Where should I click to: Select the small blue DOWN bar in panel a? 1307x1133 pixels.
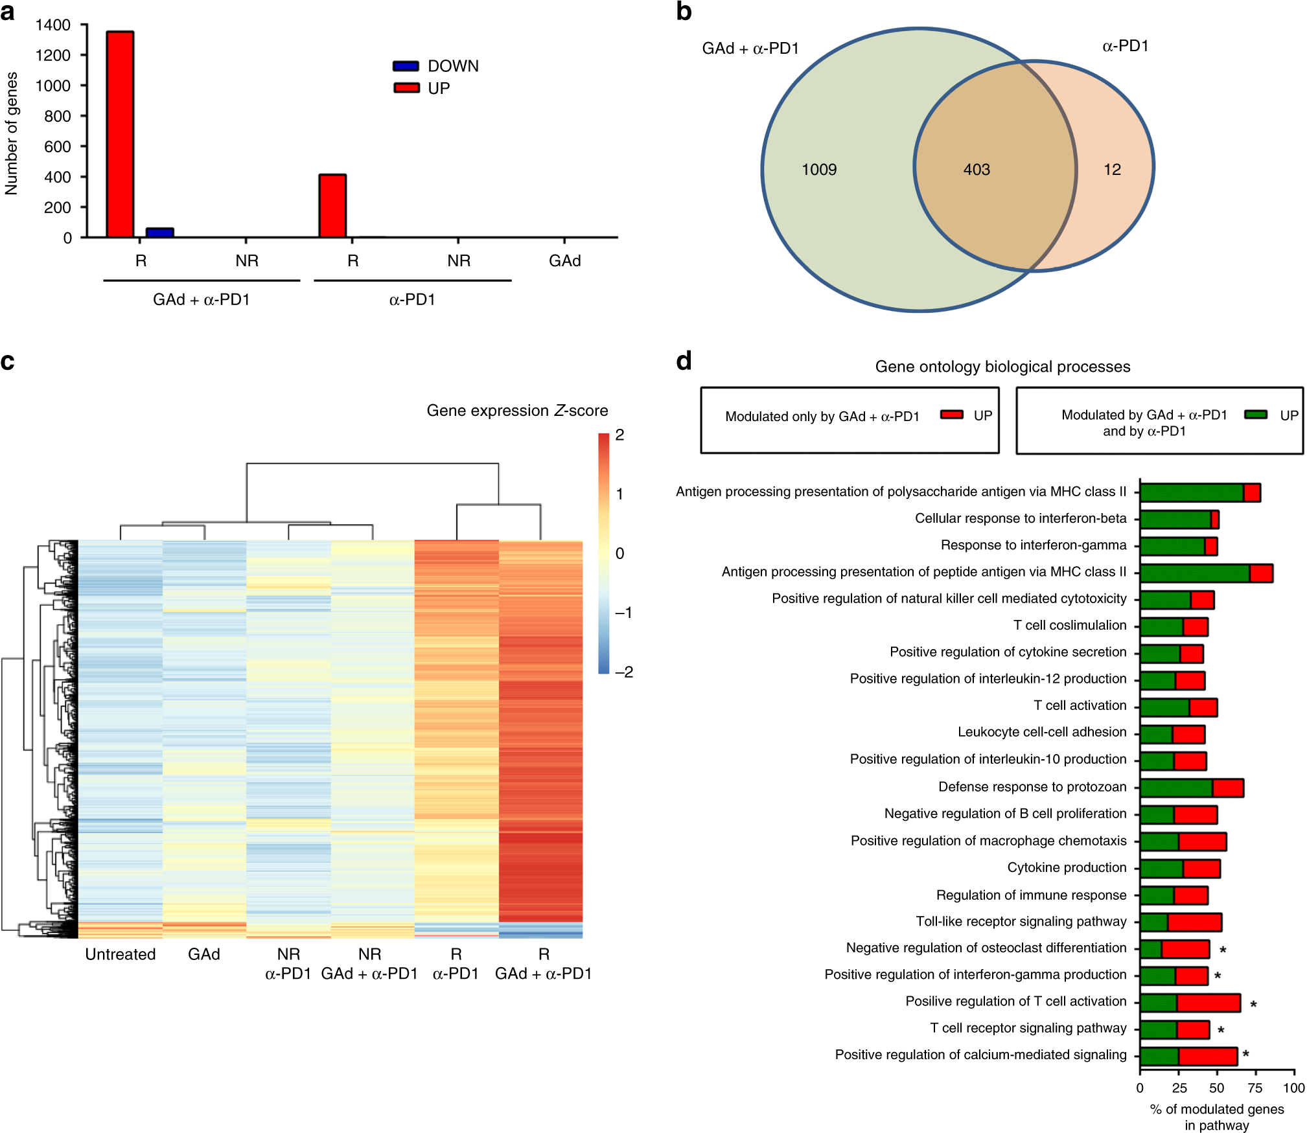coord(159,233)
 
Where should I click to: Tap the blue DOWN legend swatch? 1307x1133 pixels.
coord(406,66)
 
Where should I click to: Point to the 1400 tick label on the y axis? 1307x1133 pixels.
coord(53,25)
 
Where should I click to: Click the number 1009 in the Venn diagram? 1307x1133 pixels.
coord(819,170)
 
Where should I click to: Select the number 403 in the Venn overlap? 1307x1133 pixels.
coord(977,170)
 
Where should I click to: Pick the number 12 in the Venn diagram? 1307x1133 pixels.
coord(1112,170)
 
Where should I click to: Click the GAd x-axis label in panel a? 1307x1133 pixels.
coord(564,261)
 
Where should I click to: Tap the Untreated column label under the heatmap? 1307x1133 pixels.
coord(121,954)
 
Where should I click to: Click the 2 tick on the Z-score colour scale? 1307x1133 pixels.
coord(620,435)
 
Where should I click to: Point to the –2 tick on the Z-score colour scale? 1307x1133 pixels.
coord(624,672)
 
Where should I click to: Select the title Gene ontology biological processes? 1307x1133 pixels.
coord(1002,367)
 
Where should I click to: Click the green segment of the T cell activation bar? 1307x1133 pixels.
coord(1164,707)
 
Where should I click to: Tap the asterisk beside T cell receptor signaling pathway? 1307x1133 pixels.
coord(1221,1030)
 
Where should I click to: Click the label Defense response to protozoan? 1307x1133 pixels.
coord(1032,787)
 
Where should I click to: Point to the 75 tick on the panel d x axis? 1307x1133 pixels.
coord(1255,1088)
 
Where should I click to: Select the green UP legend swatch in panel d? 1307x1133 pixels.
coord(1256,415)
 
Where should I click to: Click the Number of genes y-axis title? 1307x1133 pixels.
coord(12,133)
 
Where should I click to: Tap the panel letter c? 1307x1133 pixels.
coord(8,361)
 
